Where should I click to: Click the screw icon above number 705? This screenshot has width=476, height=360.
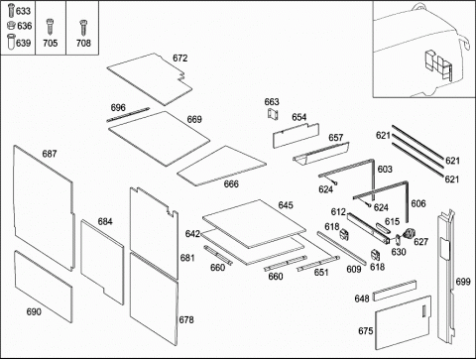(x=50, y=27)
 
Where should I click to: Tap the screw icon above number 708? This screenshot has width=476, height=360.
(x=83, y=28)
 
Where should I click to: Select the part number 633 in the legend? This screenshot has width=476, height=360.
(x=23, y=11)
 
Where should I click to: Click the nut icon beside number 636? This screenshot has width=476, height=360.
(x=11, y=25)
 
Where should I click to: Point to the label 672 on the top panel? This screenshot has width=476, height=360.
(x=180, y=59)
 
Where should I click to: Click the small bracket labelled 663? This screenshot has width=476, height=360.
(x=273, y=114)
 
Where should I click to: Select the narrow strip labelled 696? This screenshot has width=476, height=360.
(x=128, y=114)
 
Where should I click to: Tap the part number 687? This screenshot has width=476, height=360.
(x=50, y=154)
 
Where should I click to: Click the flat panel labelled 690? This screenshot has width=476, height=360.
(x=43, y=286)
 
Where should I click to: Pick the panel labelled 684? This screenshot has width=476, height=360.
(x=102, y=261)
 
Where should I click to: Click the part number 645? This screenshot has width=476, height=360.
(x=286, y=205)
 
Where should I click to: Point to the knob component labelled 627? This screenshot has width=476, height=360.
(x=409, y=234)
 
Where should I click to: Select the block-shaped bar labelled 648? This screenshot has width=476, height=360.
(x=395, y=291)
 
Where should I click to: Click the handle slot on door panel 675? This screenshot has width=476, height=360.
(x=423, y=311)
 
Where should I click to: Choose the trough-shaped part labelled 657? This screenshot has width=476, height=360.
(x=320, y=154)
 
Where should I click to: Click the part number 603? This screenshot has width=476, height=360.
(x=385, y=170)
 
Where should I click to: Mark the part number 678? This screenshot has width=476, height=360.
(x=186, y=319)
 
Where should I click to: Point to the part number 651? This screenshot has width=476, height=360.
(x=321, y=273)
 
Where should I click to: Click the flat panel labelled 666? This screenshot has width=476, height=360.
(x=221, y=166)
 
